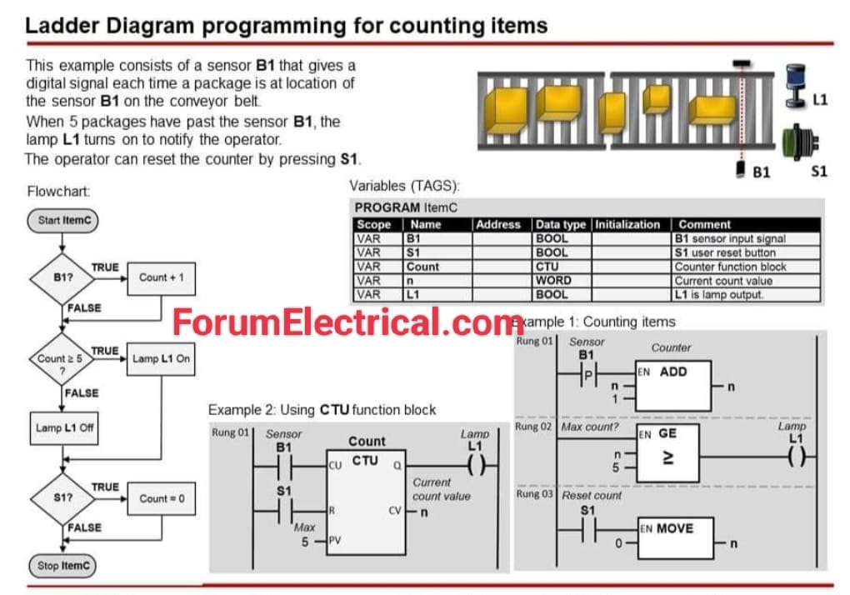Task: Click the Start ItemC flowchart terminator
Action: [x=62, y=222]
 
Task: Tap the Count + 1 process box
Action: [x=161, y=277]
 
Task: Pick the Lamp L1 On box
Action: [x=161, y=358]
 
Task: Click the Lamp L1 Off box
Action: [x=64, y=428]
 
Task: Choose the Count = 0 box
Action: [x=162, y=498]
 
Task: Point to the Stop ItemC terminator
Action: [x=62, y=566]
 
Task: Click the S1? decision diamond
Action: [x=62, y=498]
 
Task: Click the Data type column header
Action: [x=561, y=224]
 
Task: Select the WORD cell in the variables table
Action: [x=553, y=281]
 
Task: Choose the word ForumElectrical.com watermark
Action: [x=348, y=322]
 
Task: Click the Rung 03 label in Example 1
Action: [x=534, y=495]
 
